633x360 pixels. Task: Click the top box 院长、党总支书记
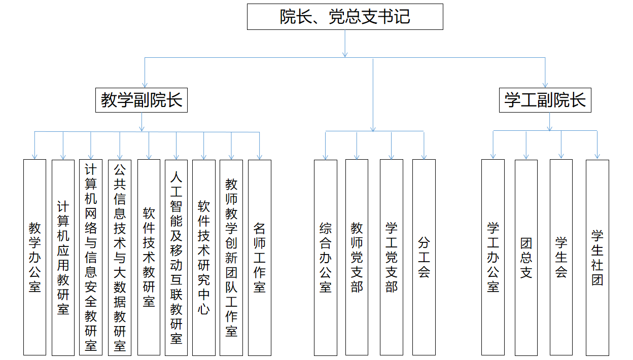(345, 17)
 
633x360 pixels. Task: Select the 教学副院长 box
(142, 100)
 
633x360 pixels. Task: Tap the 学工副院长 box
(545, 100)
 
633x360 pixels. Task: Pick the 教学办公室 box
(34, 257)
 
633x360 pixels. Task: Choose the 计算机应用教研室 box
(63, 258)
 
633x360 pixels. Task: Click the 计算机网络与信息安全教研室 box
(91, 258)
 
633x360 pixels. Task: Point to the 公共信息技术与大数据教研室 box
(120, 258)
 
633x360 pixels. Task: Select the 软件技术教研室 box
(149, 257)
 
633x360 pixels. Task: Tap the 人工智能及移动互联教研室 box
(176, 258)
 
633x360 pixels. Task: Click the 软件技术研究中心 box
(204, 258)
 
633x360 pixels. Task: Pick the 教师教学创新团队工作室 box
(231, 258)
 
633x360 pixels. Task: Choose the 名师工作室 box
(259, 258)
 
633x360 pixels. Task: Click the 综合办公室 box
(326, 258)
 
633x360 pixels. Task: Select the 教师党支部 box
(357, 257)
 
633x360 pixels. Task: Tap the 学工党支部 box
(392, 257)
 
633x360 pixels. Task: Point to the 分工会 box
(424, 257)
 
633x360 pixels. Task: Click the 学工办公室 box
(493, 257)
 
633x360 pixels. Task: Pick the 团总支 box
(526, 258)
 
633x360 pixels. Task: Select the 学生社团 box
(597, 258)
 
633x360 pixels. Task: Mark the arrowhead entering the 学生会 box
(561, 156)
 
